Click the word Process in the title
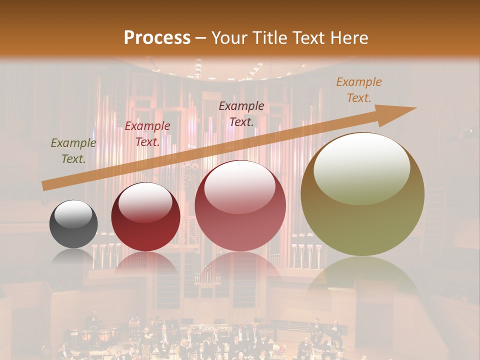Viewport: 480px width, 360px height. (157, 38)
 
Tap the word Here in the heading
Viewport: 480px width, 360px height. (349, 38)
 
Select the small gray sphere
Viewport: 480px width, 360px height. (73, 224)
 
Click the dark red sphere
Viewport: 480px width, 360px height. (145, 217)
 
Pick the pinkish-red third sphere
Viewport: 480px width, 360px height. (240, 206)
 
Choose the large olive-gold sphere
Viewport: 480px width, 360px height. (362, 194)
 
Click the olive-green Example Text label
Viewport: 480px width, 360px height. (73, 151)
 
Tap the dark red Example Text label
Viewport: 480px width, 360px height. (147, 134)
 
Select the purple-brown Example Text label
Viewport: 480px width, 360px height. (241, 113)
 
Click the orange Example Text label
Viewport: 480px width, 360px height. (358, 90)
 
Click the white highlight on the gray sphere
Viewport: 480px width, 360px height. (73, 214)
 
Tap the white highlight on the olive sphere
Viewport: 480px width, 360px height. (361, 167)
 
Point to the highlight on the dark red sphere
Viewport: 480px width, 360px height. (145, 201)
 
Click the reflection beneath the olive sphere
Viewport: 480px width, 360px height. (362, 280)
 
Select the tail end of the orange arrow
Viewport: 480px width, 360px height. (45, 185)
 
